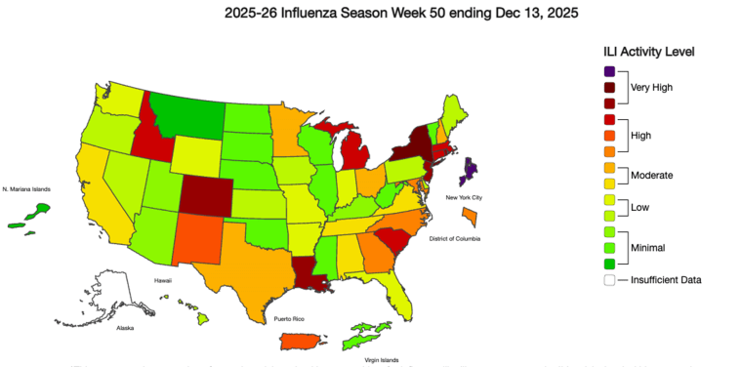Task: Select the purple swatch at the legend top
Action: point(609,72)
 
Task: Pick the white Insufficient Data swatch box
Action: point(609,280)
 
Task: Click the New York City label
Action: point(465,198)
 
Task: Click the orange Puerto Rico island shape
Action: point(300,340)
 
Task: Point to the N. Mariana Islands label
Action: point(26,188)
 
